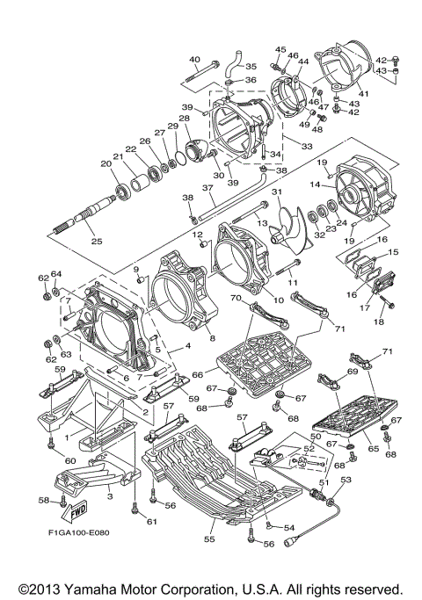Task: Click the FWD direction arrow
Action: pos(76,511)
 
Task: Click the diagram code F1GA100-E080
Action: pos(78,532)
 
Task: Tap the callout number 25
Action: pos(97,241)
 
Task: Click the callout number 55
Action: pos(209,539)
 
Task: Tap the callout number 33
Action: pos(307,146)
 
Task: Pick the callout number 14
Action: pos(315,184)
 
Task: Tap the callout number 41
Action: pos(362,93)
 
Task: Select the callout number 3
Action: pos(110,496)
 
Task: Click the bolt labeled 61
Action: pos(134,508)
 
